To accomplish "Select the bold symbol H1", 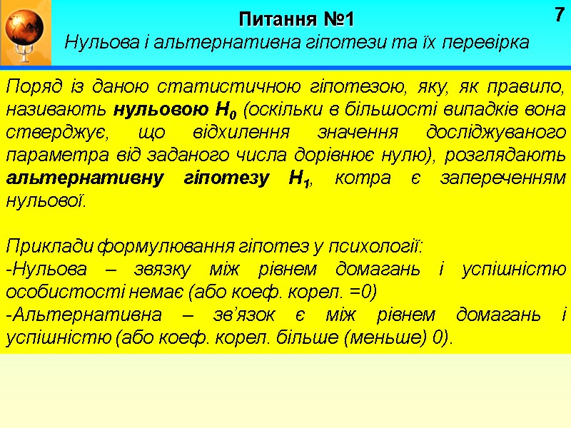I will (299, 179).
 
